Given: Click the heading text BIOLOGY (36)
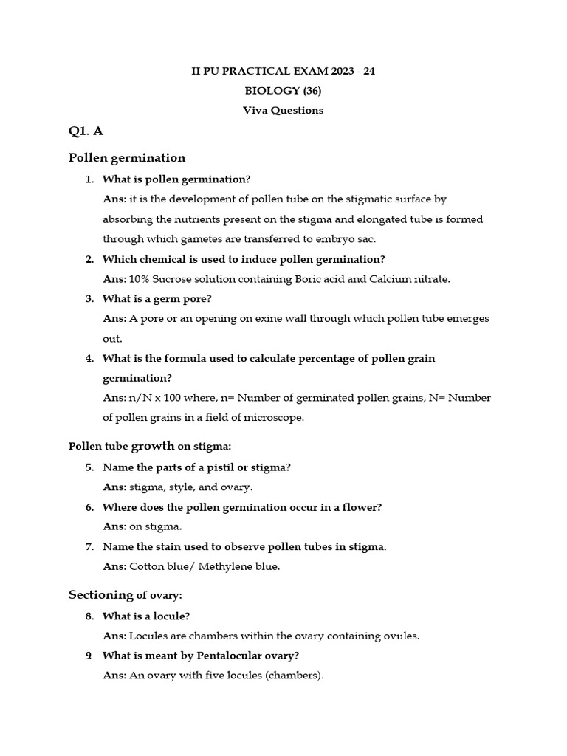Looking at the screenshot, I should click(283, 91).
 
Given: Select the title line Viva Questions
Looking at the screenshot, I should click(283, 111).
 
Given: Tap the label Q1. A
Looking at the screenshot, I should click(86, 131).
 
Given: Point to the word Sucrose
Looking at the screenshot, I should click(171, 279).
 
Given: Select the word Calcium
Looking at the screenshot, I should click(391, 279).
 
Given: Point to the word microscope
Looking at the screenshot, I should click(274, 418).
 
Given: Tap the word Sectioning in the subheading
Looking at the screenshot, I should click(100, 595).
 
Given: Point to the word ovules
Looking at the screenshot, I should click(401, 636).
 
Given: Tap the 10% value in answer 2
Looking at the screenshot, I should click(140, 279).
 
